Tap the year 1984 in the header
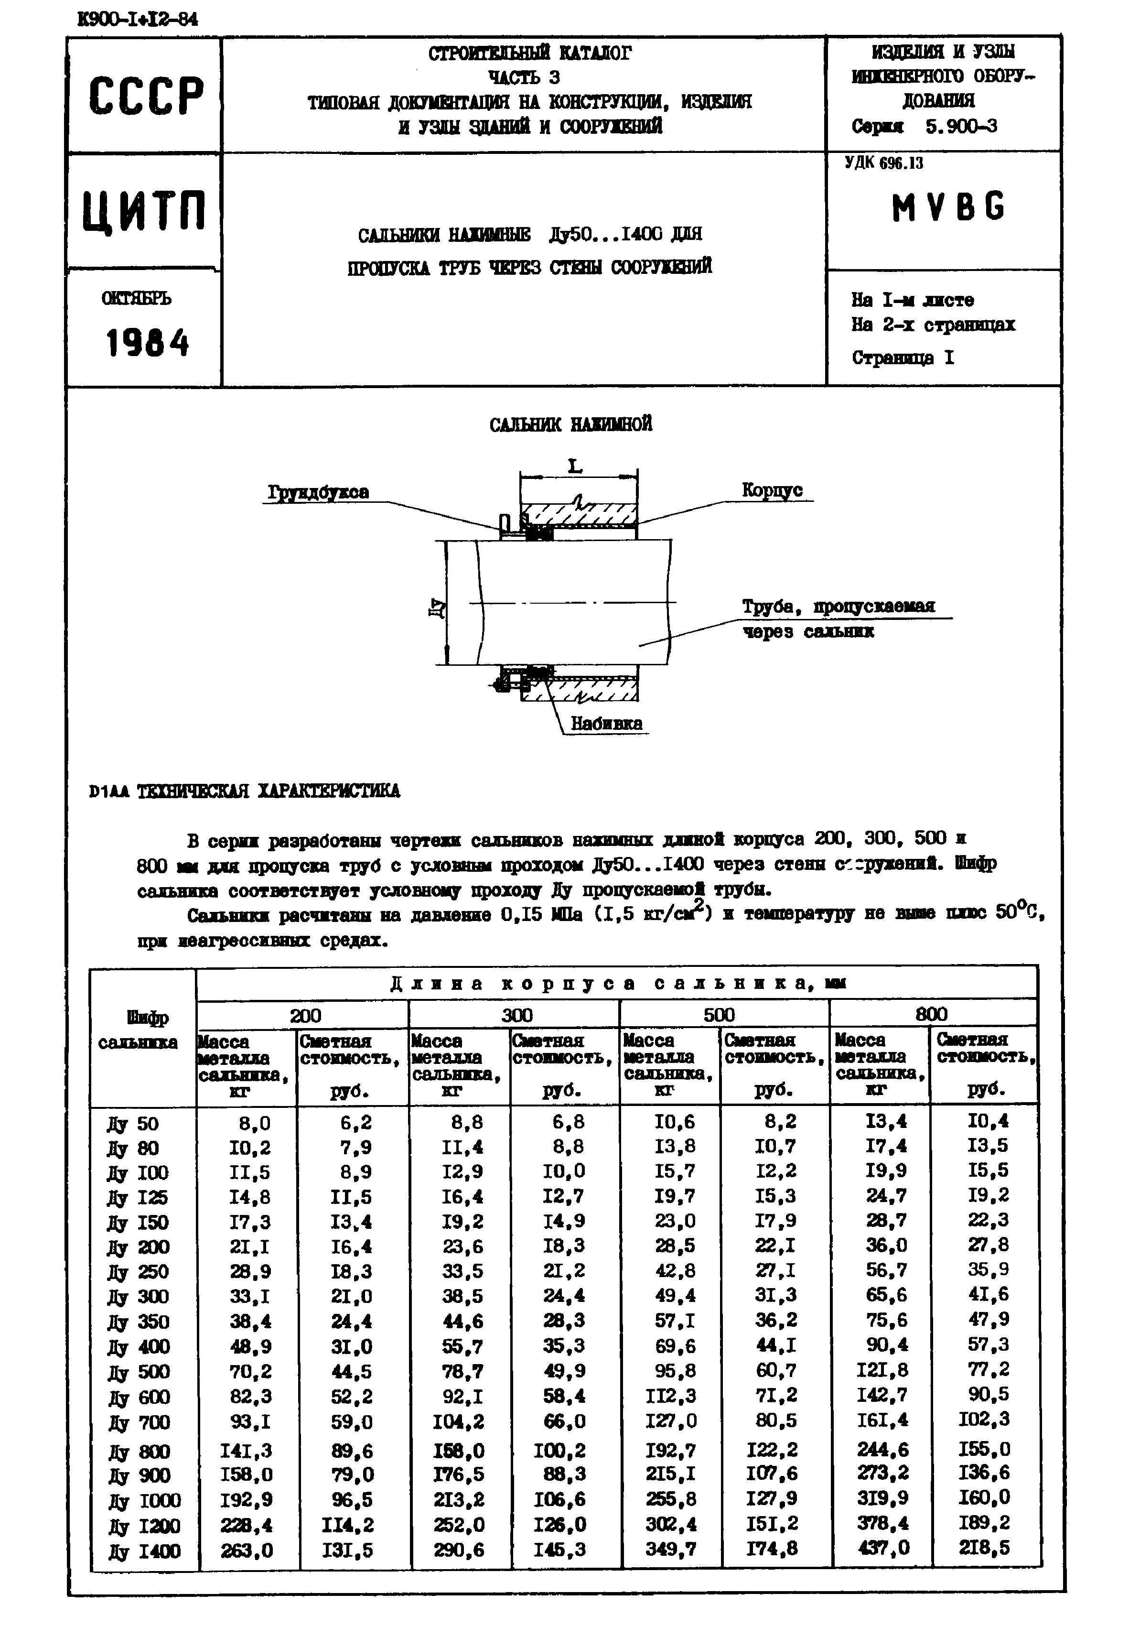click(x=148, y=344)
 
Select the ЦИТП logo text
click(x=144, y=211)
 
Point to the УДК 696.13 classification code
click(x=884, y=163)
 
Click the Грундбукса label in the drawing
click(x=318, y=492)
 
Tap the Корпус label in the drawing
click(x=772, y=489)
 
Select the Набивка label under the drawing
click(x=606, y=724)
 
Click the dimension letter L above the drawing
click(x=575, y=466)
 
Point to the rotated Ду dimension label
click(x=437, y=607)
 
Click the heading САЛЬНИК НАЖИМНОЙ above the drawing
click(x=570, y=424)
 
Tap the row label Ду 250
click(x=138, y=1272)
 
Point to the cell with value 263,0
click(x=246, y=1550)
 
